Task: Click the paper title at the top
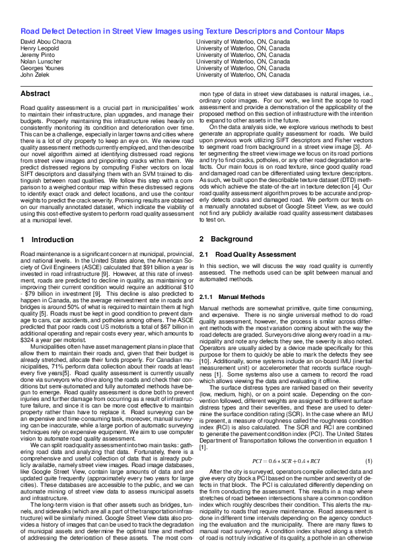[182, 31]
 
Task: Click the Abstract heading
[36, 94]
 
